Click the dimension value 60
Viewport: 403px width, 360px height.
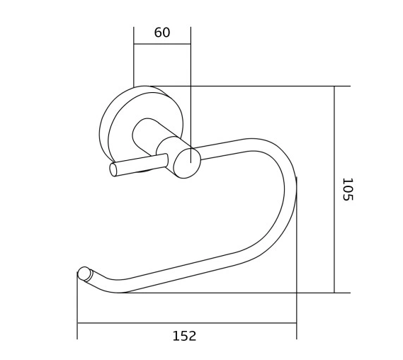pyautogui.click(x=162, y=33)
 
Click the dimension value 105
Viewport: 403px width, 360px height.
pyautogui.click(x=346, y=189)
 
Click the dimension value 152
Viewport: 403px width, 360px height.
pyautogui.click(x=184, y=336)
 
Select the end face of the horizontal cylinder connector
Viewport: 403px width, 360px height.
pyautogui.click(x=188, y=163)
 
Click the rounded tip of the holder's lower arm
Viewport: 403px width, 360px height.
pyautogui.click(x=84, y=274)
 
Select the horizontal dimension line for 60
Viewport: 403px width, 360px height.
pyautogui.click(x=162, y=45)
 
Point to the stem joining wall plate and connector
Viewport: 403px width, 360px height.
pyautogui.click(x=147, y=135)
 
